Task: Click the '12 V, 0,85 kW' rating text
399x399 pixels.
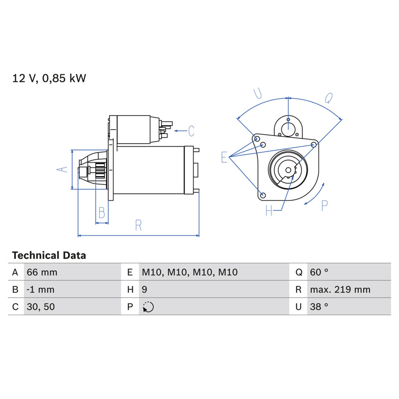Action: pyautogui.click(x=49, y=78)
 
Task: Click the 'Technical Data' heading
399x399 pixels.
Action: pyautogui.click(x=49, y=255)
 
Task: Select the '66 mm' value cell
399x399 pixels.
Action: pyautogui.click(x=42, y=272)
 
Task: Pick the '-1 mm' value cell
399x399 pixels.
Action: pyautogui.click(x=40, y=290)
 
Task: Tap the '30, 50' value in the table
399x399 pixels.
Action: pyautogui.click(x=41, y=307)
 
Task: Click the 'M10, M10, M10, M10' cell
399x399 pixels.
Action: pyautogui.click(x=190, y=272)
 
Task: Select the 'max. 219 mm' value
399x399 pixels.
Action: pyautogui.click(x=340, y=290)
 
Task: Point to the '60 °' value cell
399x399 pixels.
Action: pyautogui.click(x=319, y=272)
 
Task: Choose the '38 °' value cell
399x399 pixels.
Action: pyautogui.click(x=319, y=307)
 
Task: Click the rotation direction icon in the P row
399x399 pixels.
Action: pyautogui.click(x=148, y=307)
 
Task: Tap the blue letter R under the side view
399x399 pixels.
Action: pyautogui.click(x=138, y=225)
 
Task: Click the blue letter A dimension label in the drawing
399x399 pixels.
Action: pyautogui.click(x=62, y=169)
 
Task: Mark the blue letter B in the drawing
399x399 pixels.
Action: pyautogui.click(x=102, y=213)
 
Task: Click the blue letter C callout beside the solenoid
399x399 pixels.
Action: pyautogui.click(x=191, y=131)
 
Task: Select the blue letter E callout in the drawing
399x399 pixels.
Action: pyautogui.click(x=224, y=157)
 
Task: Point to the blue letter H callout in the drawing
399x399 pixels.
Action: pyautogui.click(x=269, y=210)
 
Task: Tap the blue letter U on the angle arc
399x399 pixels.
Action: pyautogui.click(x=258, y=93)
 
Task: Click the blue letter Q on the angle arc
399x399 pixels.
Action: pyautogui.click(x=329, y=98)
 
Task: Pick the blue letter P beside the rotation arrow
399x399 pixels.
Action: pyautogui.click(x=325, y=205)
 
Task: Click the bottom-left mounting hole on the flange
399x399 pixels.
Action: pyautogui.click(x=263, y=196)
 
